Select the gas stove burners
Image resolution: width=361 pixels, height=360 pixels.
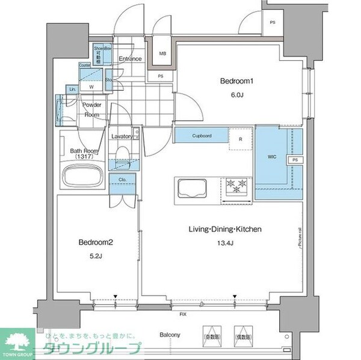coord(236,186)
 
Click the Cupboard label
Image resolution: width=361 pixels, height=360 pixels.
coord(202,136)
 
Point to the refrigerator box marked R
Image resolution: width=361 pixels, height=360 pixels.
coord(241,139)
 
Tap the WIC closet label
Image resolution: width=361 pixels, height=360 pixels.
coord(271,157)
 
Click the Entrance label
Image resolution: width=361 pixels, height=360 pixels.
coord(130,59)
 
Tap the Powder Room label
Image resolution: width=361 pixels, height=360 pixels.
coord(91,109)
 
